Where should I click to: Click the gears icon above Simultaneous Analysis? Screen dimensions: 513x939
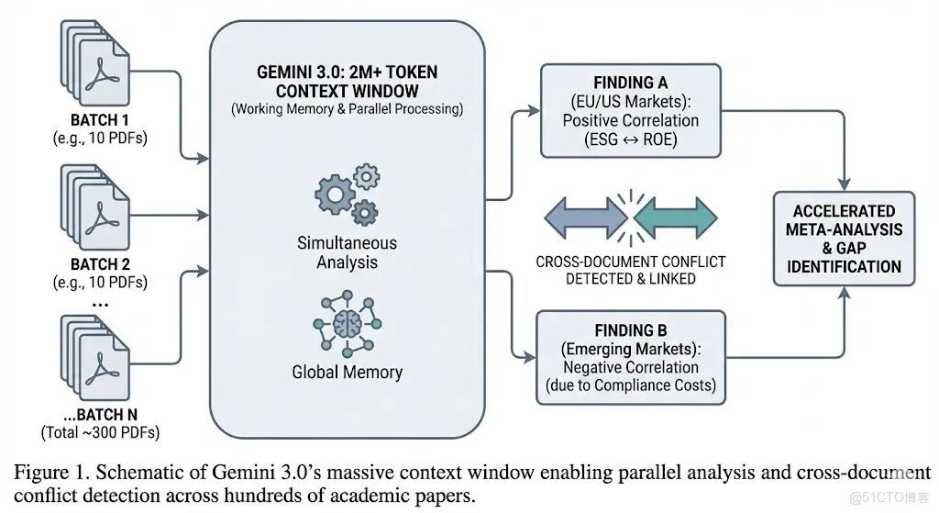347,195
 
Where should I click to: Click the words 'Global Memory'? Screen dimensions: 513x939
347,373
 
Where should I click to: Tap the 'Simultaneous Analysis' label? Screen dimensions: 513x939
347,252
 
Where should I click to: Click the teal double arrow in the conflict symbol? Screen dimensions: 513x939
676,217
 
